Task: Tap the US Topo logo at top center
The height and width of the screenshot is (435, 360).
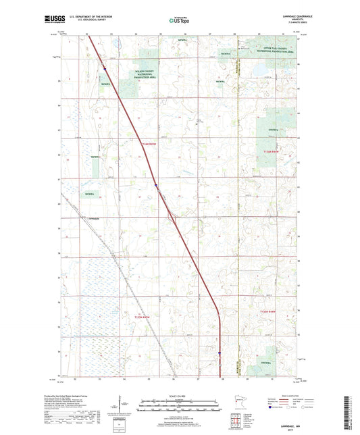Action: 178,21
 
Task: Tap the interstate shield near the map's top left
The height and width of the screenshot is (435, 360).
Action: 105,68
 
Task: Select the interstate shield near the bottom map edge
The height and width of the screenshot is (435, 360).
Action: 218,352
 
